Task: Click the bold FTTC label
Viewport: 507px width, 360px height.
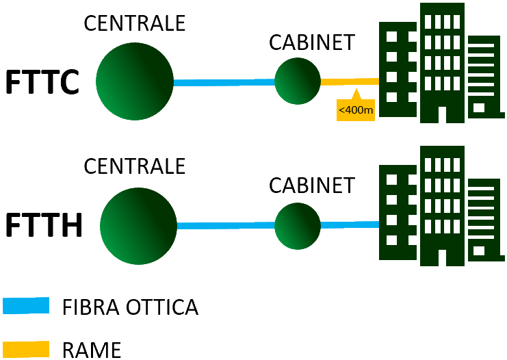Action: (x=43, y=82)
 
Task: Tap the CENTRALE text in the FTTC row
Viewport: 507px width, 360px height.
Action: (x=134, y=23)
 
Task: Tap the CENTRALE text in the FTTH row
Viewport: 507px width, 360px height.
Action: (x=134, y=166)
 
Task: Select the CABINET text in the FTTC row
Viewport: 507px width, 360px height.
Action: (x=312, y=42)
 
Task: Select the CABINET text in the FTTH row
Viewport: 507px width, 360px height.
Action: (x=312, y=185)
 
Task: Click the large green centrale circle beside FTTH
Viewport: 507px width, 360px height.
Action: (x=138, y=225)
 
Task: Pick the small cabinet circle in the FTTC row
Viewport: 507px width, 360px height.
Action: (x=298, y=81)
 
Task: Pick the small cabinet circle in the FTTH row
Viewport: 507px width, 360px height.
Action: (x=298, y=225)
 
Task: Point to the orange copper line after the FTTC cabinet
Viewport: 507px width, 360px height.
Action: (x=349, y=81)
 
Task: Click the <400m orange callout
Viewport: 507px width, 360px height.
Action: (x=356, y=109)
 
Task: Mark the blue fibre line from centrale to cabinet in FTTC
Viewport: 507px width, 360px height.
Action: (x=224, y=82)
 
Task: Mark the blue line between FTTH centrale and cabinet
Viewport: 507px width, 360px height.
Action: (x=226, y=225)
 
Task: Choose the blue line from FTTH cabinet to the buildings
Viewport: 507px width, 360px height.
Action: (x=350, y=224)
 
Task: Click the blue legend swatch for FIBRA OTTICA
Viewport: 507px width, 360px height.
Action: (x=26, y=305)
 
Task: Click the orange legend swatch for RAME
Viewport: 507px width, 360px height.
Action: (x=26, y=348)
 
